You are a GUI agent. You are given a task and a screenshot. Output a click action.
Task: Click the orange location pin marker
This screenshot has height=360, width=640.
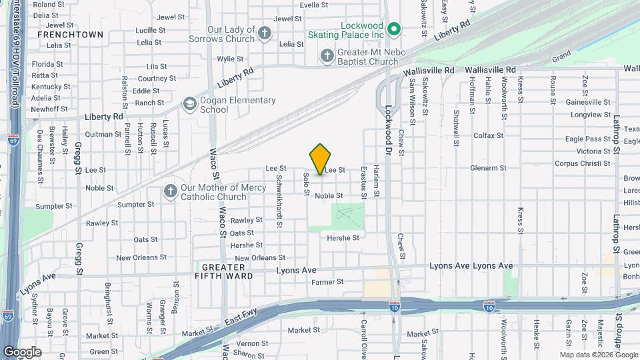coord(321,158)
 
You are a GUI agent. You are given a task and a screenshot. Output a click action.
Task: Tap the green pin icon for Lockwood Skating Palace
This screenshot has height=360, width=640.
coord(394,29)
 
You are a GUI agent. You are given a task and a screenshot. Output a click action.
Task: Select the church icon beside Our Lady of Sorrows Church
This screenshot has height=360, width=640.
coord(265,34)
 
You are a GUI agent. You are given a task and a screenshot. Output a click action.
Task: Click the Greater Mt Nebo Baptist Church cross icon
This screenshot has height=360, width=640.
coord(327,56)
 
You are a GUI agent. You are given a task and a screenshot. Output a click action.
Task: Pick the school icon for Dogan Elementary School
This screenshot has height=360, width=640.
coord(190,105)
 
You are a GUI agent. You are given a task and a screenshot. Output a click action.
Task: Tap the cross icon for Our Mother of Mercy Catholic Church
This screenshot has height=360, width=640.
coord(170,192)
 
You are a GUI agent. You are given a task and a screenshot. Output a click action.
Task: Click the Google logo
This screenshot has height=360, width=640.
coord(22,351)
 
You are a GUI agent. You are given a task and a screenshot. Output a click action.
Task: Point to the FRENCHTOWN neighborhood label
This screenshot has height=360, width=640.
coord(70,34)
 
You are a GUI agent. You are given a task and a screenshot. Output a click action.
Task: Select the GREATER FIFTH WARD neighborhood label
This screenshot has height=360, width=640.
coord(224,271)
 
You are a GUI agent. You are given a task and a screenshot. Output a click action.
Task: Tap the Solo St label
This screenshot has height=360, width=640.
coord(307,184)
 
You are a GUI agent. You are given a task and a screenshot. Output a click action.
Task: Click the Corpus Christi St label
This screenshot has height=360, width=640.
coord(583,163)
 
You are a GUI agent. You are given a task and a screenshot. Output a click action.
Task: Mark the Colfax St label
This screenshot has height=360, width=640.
coord(488,135)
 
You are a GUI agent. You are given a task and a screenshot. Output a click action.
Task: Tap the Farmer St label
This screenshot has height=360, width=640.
coord(327,282)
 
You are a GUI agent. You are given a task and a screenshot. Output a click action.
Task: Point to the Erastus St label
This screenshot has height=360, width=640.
coord(363,182)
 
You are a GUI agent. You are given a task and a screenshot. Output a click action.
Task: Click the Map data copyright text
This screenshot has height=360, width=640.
coord(598,355)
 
